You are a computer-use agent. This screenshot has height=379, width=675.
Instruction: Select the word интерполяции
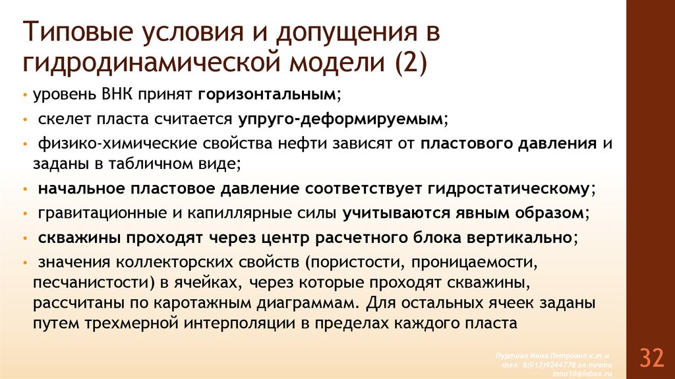[x=256, y=324]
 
